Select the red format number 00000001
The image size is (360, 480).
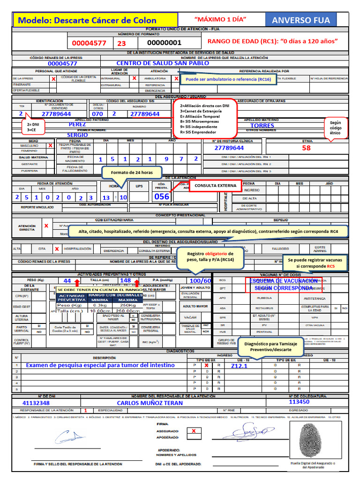[164, 43]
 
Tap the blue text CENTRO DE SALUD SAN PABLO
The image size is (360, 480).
[163, 63]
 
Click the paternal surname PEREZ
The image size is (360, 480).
[77, 125]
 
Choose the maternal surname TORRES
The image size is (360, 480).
[262, 126]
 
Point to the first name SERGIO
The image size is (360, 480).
[77, 135]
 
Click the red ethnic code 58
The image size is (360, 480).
[306, 148]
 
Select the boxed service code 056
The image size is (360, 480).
[162, 197]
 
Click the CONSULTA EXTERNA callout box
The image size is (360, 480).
[215, 186]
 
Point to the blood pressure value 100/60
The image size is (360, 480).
[201, 281]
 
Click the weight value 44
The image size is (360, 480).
[67, 280]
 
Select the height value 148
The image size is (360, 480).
[125, 280]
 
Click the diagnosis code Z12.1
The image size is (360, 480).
[239, 366]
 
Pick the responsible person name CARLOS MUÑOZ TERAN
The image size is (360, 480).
[150, 403]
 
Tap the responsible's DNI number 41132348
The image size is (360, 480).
[36, 403]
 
